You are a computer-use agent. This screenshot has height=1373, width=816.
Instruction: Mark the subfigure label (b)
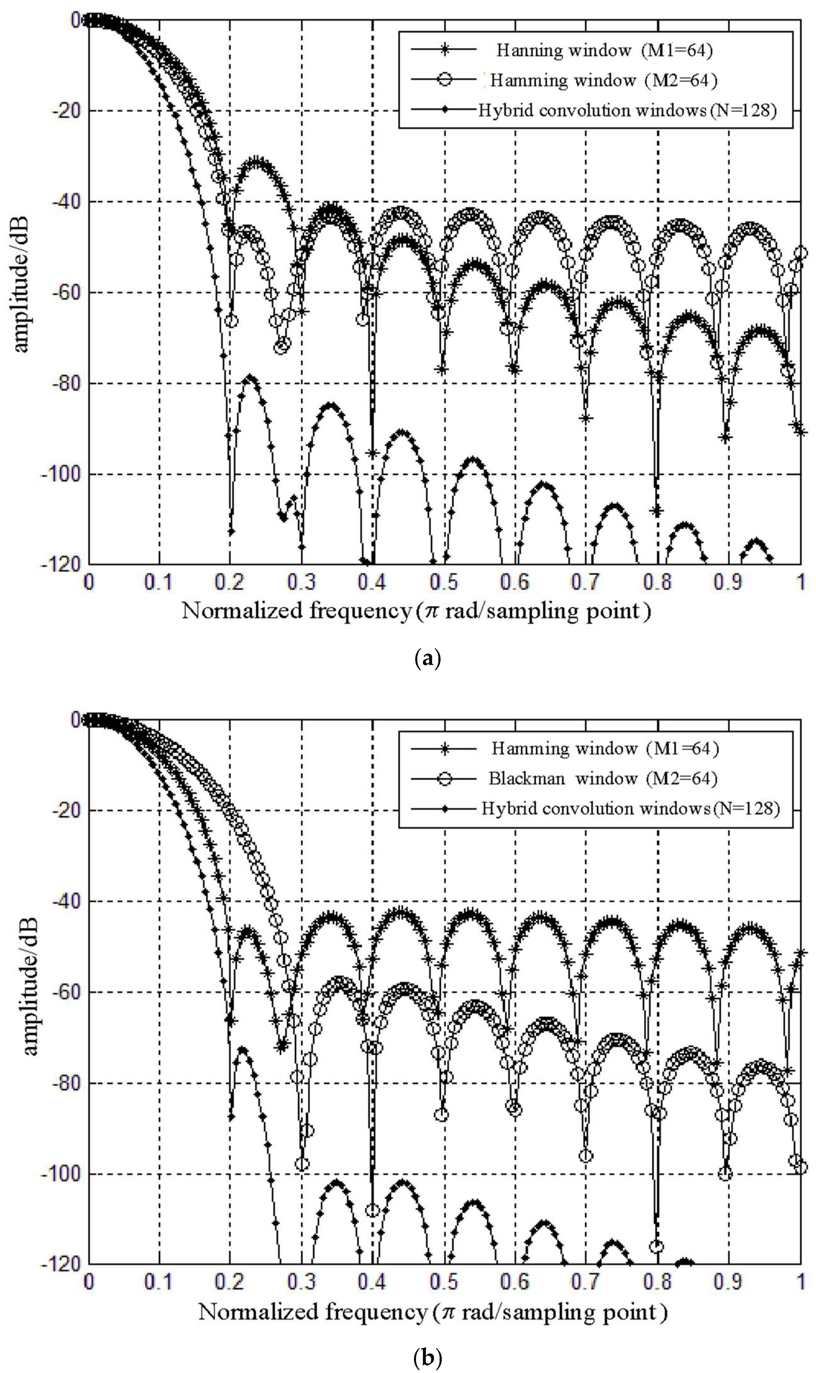[427, 1358]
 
